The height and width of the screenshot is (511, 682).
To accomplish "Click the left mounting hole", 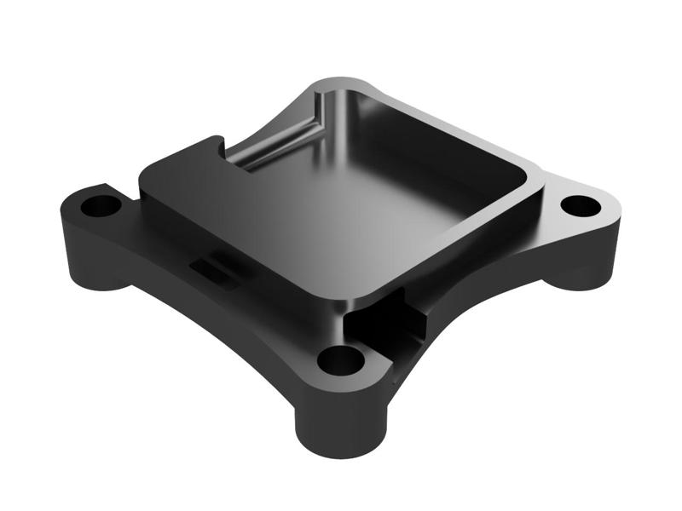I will point(101,206).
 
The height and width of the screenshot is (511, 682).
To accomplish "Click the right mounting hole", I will point(581,205).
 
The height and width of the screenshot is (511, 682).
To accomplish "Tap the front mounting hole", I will point(340,360).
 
